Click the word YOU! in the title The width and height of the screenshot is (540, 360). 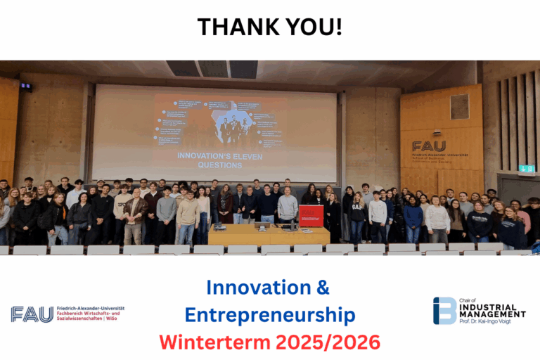(x=315, y=27)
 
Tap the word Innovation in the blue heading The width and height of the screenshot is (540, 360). (x=250, y=288)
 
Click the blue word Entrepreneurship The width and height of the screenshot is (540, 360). (x=269, y=314)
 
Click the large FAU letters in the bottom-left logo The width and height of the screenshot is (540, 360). (x=32, y=314)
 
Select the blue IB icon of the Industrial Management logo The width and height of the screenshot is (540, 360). (x=444, y=311)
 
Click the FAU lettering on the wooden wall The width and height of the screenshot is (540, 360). (x=428, y=146)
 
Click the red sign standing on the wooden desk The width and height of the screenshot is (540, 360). (x=311, y=214)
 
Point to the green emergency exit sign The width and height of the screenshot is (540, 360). (x=525, y=168)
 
